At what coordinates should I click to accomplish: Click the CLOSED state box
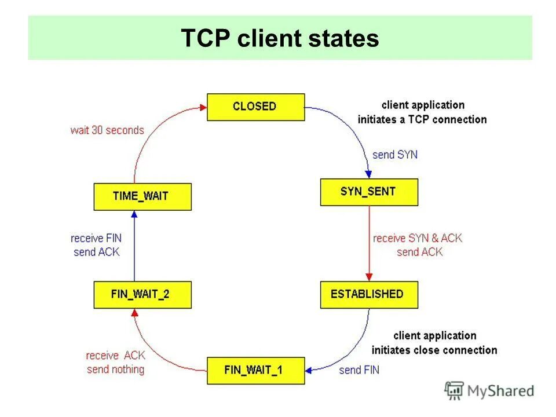tap(255, 107)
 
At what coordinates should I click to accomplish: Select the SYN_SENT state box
tap(368, 192)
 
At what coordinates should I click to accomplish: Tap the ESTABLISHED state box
tap(368, 294)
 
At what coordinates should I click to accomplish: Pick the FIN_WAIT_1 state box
tap(255, 371)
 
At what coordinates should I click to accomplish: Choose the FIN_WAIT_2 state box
tap(142, 294)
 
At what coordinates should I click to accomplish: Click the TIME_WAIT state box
tap(142, 196)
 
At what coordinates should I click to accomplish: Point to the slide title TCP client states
tap(280, 38)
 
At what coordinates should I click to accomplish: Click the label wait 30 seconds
tap(107, 130)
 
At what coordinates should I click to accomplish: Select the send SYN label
tap(394, 155)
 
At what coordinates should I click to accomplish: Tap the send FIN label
tap(359, 370)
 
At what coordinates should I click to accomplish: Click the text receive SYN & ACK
tap(418, 238)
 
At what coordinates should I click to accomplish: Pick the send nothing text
tap(115, 369)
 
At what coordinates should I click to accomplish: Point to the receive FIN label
tap(96, 239)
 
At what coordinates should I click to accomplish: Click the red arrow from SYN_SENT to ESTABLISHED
tap(369, 243)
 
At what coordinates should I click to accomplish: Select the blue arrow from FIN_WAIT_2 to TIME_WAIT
tap(134, 246)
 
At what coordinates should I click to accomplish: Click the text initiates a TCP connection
tap(422, 120)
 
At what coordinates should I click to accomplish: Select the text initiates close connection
tap(434, 350)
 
